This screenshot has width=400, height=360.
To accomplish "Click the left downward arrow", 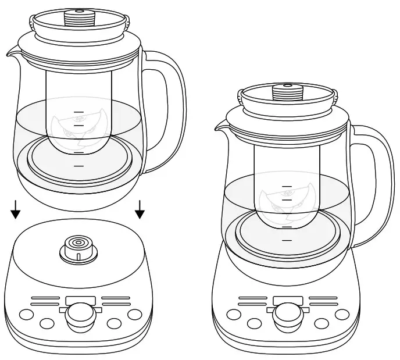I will tap(16, 210).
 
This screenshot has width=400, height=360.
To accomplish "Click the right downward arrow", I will tap(140, 210).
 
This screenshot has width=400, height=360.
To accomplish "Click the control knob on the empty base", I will tap(77, 316).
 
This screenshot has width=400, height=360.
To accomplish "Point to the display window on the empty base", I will tap(80, 301).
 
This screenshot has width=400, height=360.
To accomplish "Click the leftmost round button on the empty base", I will tap(25, 315).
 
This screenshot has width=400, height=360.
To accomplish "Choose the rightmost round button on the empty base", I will tap(135, 315).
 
